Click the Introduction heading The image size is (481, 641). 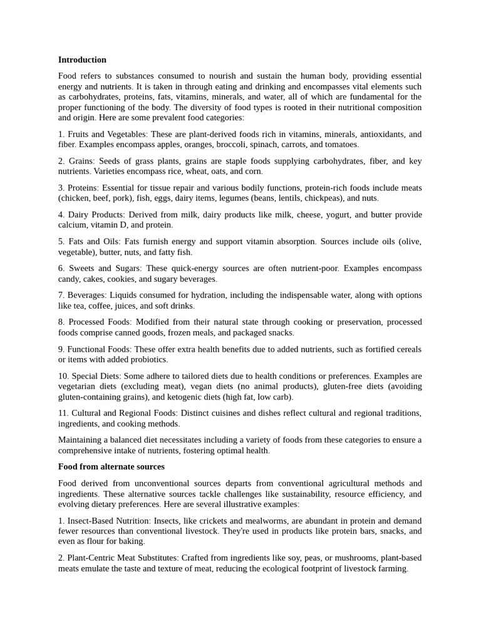[82, 59]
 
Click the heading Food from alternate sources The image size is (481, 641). [111, 466]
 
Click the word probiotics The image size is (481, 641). [148, 360]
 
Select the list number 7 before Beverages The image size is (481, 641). [61, 295]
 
